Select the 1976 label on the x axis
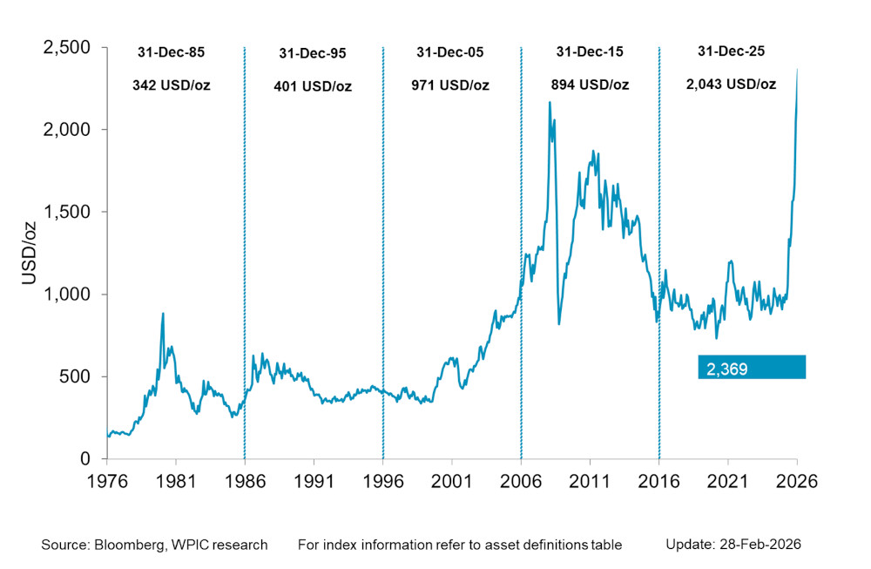(x=106, y=479)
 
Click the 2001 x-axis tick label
(x=451, y=479)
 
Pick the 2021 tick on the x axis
(x=727, y=479)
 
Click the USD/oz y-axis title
(x=28, y=253)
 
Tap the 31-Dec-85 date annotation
(x=171, y=53)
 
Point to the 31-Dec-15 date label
(x=590, y=53)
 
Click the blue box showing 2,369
(x=751, y=367)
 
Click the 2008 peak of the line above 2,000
(x=550, y=103)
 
